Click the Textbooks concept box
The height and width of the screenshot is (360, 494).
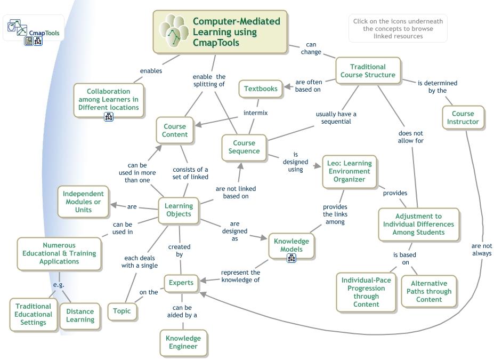point(261,89)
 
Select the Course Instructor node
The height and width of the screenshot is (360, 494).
point(463,117)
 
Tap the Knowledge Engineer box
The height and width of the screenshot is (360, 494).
point(183,342)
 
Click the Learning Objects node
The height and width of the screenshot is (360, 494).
point(179,210)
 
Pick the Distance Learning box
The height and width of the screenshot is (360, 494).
point(80,316)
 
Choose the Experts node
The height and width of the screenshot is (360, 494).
point(181,282)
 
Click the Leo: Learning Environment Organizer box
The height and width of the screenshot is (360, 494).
point(349,171)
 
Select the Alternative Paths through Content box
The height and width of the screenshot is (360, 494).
point(429,291)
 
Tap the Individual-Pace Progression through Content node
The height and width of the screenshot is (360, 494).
point(366,292)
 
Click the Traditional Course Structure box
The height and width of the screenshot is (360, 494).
point(368,71)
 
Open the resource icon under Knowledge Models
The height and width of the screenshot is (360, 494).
point(291,258)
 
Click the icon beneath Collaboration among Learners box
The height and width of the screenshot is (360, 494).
point(108,117)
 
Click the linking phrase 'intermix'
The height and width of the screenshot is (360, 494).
point(255,113)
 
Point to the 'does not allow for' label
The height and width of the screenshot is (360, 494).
point(410,137)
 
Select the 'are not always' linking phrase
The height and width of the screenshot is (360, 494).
point(481,250)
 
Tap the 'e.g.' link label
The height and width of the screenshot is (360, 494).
point(59,285)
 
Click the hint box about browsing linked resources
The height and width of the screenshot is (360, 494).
point(398,29)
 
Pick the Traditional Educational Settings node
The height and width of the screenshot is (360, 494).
point(34,314)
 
